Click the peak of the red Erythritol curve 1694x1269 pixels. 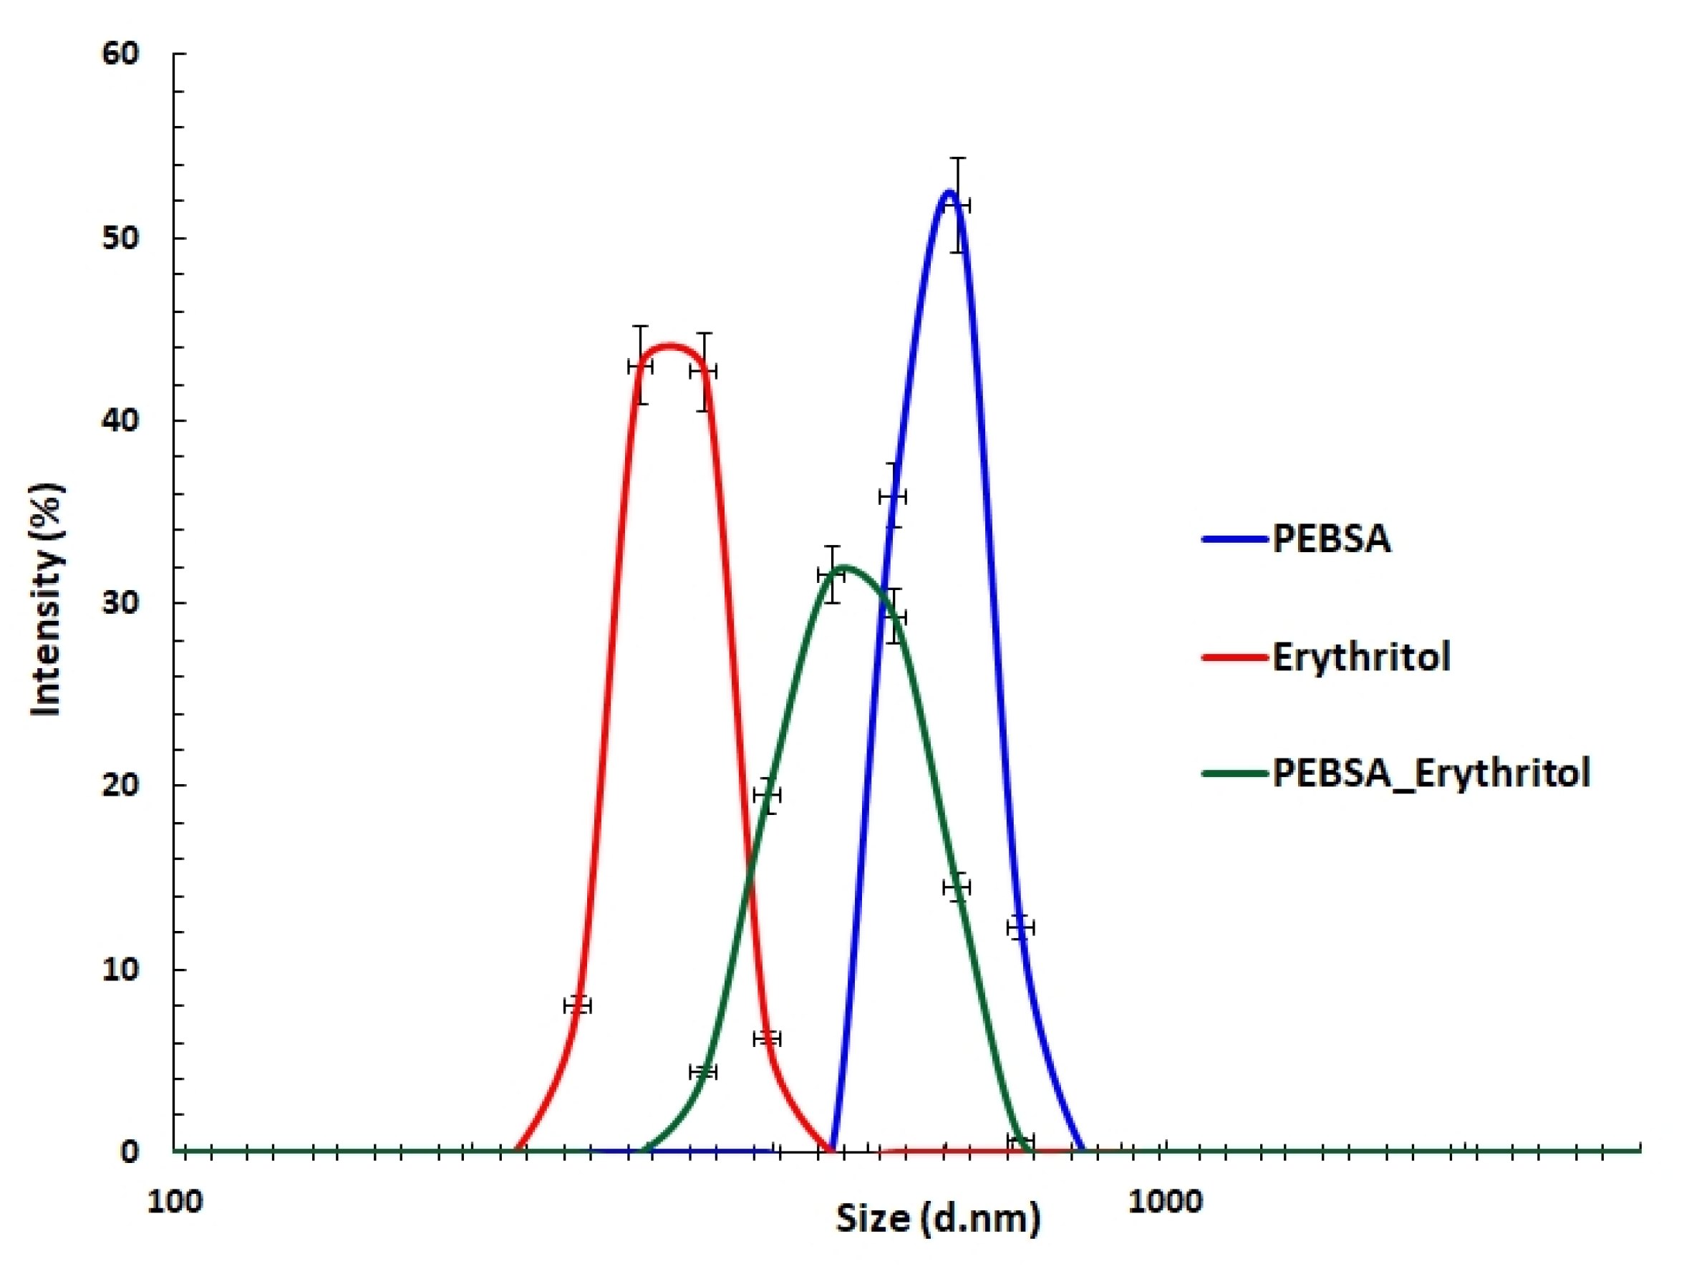tap(670, 345)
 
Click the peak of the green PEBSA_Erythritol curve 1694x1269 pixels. tap(843, 566)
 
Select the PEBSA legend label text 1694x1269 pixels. tap(1331, 539)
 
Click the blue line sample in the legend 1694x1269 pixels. tap(1234, 539)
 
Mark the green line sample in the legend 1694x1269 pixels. tap(1234, 773)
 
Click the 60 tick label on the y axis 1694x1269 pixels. tap(121, 54)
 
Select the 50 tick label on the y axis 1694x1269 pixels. tap(121, 238)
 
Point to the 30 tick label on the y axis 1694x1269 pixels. tap(121, 603)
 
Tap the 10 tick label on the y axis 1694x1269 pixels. tap(121, 969)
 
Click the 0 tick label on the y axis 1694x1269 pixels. tap(130, 1151)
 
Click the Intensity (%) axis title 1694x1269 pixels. tap(47, 600)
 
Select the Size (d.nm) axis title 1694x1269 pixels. tap(937, 1217)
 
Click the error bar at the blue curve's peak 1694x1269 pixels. tap(957, 206)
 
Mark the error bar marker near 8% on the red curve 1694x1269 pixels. tap(577, 1005)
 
